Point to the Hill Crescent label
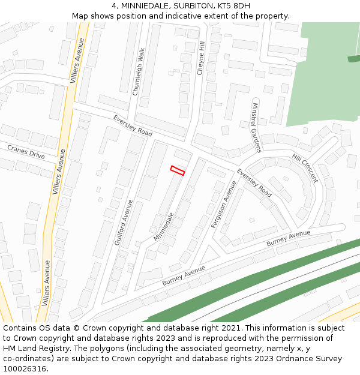(x=305, y=169)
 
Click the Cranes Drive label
(x=26, y=151)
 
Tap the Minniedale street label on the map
(x=163, y=226)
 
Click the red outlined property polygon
(x=178, y=170)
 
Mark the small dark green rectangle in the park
(x=353, y=58)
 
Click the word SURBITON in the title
(x=191, y=6)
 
